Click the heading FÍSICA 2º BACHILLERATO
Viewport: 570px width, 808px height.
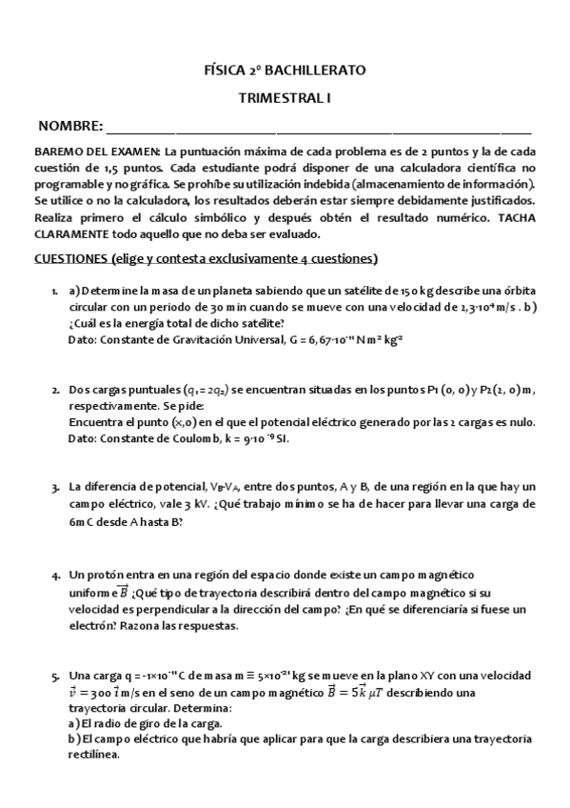click(285, 71)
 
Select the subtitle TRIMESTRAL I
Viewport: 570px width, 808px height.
click(285, 98)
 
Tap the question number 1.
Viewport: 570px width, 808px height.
click(54, 291)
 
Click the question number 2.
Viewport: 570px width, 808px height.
click(54, 391)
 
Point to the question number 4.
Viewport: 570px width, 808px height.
click(54, 575)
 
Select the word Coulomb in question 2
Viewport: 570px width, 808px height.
click(187, 439)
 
